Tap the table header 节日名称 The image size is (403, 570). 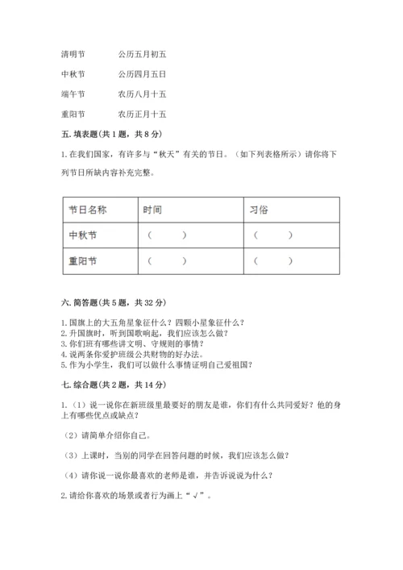coord(88,210)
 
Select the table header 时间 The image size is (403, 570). coord(152,210)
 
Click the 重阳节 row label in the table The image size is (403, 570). coord(83,261)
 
